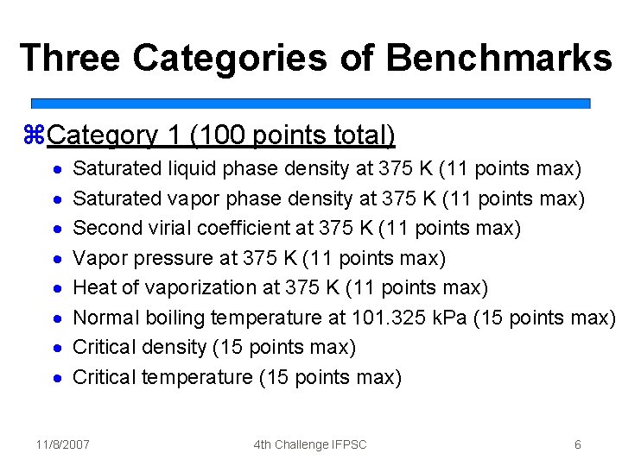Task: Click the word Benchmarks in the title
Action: (499, 58)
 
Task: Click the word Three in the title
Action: (70, 58)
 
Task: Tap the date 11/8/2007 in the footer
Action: (63, 444)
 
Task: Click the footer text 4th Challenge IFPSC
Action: (310, 444)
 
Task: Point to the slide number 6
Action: (577, 444)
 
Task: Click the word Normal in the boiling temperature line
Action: (103, 318)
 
